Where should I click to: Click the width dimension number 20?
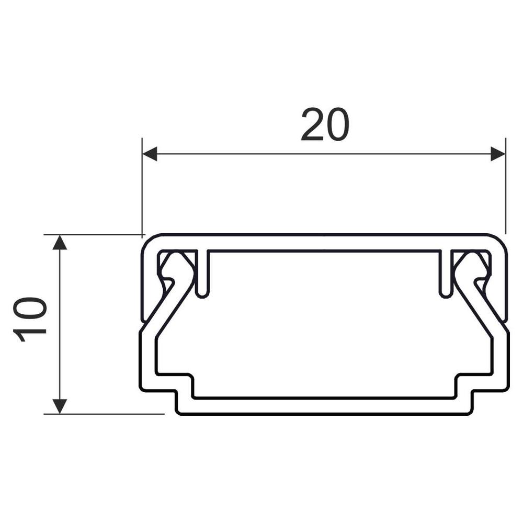(324, 125)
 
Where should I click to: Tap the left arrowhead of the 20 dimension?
(150, 154)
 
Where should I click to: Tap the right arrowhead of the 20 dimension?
(498, 154)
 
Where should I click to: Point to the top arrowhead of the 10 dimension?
(61, 243)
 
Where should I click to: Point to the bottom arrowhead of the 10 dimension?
(61, 405)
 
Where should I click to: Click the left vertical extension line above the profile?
(142, 188)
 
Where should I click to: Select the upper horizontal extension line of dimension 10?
(94, 235)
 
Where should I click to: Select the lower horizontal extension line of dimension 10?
(105, 414)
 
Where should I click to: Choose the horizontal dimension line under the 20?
(324, 154)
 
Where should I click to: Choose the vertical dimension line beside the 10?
(61, 324)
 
